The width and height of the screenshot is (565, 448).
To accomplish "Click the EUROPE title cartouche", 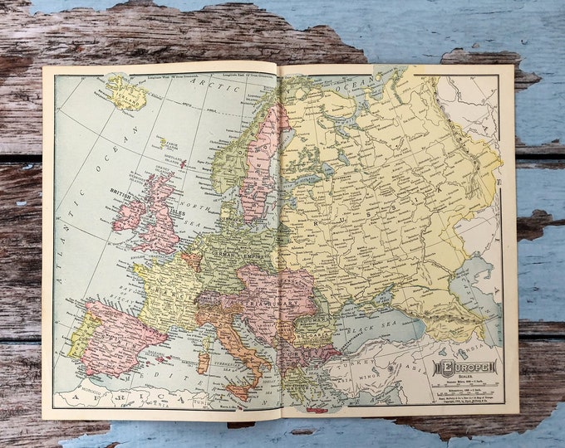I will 465,367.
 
